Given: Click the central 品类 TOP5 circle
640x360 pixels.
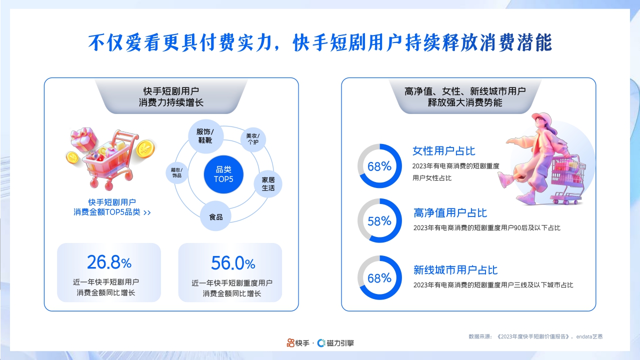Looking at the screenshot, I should pyautogui.click(x=223, y=174).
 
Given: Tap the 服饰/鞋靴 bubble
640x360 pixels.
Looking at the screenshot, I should pyautogui.click(x=205, y=136).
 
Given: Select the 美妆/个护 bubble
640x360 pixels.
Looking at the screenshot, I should pyautogui.click(x=253, y=138).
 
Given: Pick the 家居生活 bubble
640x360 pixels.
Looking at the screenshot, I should pyautogui.click(x=268, y=184).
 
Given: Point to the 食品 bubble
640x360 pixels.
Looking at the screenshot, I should pyautogui.click(x=215, y=217).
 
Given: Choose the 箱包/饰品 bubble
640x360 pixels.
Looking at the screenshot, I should pyautogui.click(x=177, y=172).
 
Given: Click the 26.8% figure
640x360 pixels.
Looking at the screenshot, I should pyautogui.click(x=109, y=262).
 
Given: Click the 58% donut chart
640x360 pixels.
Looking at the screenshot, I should pyautogui.click(x=379, y=220).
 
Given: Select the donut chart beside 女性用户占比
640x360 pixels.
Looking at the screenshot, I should pyautogui.click(x=379, y=166).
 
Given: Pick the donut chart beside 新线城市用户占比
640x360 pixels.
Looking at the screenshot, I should pyautogui.click(x=379, y=278).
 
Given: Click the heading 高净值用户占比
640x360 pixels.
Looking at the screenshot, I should pyautogui.click(x=450, y=213).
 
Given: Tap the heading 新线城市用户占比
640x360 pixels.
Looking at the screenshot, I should pyautogui.click(x=455, y=270).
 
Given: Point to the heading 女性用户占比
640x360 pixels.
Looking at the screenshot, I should pyautogui.click(x=443, y=151).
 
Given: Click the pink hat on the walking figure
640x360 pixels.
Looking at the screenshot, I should pyautogui.click(x=540, y=118).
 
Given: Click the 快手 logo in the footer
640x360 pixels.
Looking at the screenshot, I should pyautogui.click(x=297, y=343).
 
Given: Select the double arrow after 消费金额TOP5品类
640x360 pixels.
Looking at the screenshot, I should pyautogui.click(x=147, y=212).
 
